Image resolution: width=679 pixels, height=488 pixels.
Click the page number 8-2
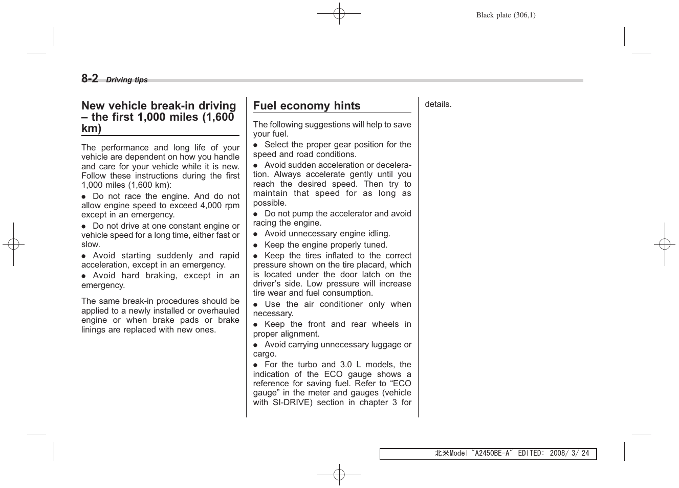pos(90,78)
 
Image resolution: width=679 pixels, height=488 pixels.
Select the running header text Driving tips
pos(126,80)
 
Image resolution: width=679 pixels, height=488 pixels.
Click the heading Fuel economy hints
pos(306,106)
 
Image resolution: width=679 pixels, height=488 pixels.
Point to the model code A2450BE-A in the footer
pos(492,454)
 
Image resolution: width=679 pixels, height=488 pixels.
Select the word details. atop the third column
pos(438,104)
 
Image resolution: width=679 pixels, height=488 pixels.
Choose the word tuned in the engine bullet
pos(376,245)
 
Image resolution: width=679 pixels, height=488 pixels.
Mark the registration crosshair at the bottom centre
pos(339,475)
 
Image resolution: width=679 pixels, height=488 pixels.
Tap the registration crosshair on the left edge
pos(14,245)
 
